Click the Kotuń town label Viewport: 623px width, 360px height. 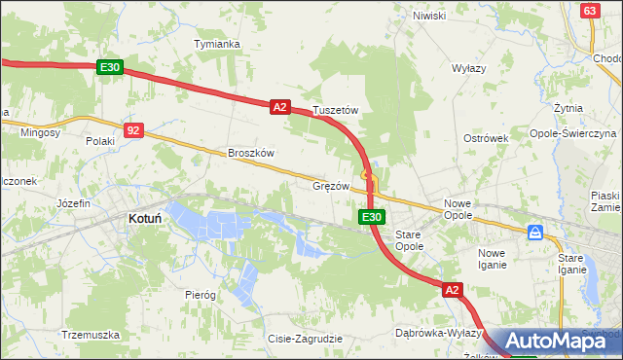[145, 220]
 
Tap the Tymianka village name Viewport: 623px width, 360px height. [217, 45]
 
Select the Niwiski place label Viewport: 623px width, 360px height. [428, 16]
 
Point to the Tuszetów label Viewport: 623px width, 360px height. [336, 111]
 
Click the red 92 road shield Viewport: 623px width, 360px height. [134, 129]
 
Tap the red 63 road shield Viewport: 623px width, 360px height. [590, 10]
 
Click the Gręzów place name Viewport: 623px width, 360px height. [331, 185]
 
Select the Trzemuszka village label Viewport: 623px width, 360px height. [91, 335]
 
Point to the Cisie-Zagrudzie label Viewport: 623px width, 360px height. [304, 339]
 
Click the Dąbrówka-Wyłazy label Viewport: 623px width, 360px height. [439, 333]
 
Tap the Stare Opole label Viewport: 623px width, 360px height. [408, 240]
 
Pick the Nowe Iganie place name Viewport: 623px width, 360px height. [492, 259]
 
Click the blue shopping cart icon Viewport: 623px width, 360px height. [535, 234]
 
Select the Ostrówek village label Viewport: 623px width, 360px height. [486, 138]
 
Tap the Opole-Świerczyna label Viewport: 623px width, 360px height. [572, 132]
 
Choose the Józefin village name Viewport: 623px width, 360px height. [73, 203]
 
